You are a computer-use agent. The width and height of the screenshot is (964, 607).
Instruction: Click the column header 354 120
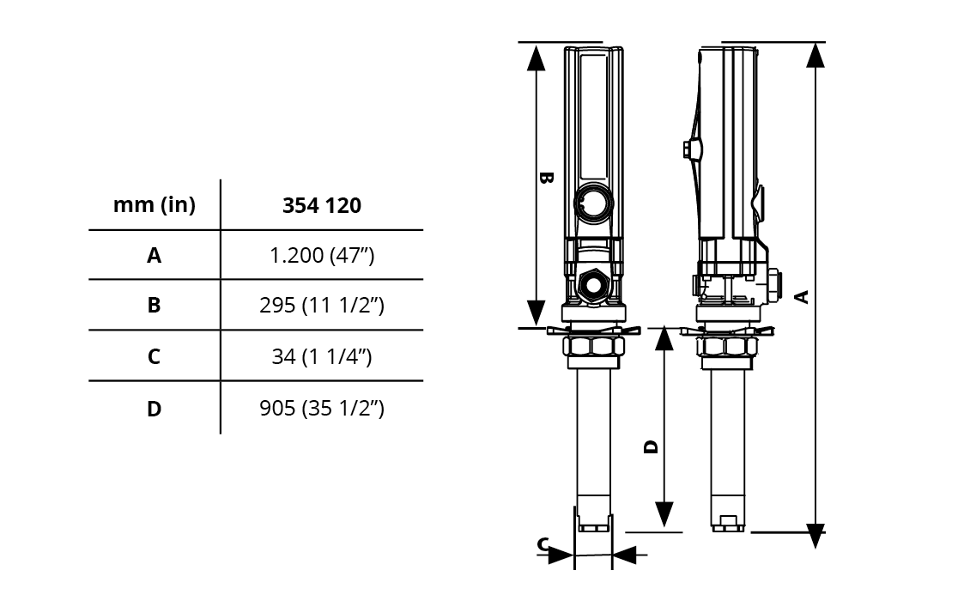322,205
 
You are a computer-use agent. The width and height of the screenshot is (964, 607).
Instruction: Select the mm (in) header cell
155,205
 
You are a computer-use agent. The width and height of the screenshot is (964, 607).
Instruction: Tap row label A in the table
154,255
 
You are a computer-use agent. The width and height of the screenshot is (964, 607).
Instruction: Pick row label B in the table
154,305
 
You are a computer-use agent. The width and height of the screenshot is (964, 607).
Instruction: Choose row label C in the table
154,356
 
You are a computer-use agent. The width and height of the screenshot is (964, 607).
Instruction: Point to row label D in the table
154,409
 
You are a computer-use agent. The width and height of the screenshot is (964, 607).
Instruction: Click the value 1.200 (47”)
322,255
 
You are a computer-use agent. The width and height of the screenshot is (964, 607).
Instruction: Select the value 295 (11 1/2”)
322,305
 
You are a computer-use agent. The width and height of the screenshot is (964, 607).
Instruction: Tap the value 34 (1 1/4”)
322,356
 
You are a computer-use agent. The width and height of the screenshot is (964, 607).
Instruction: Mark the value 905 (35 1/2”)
322,409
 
